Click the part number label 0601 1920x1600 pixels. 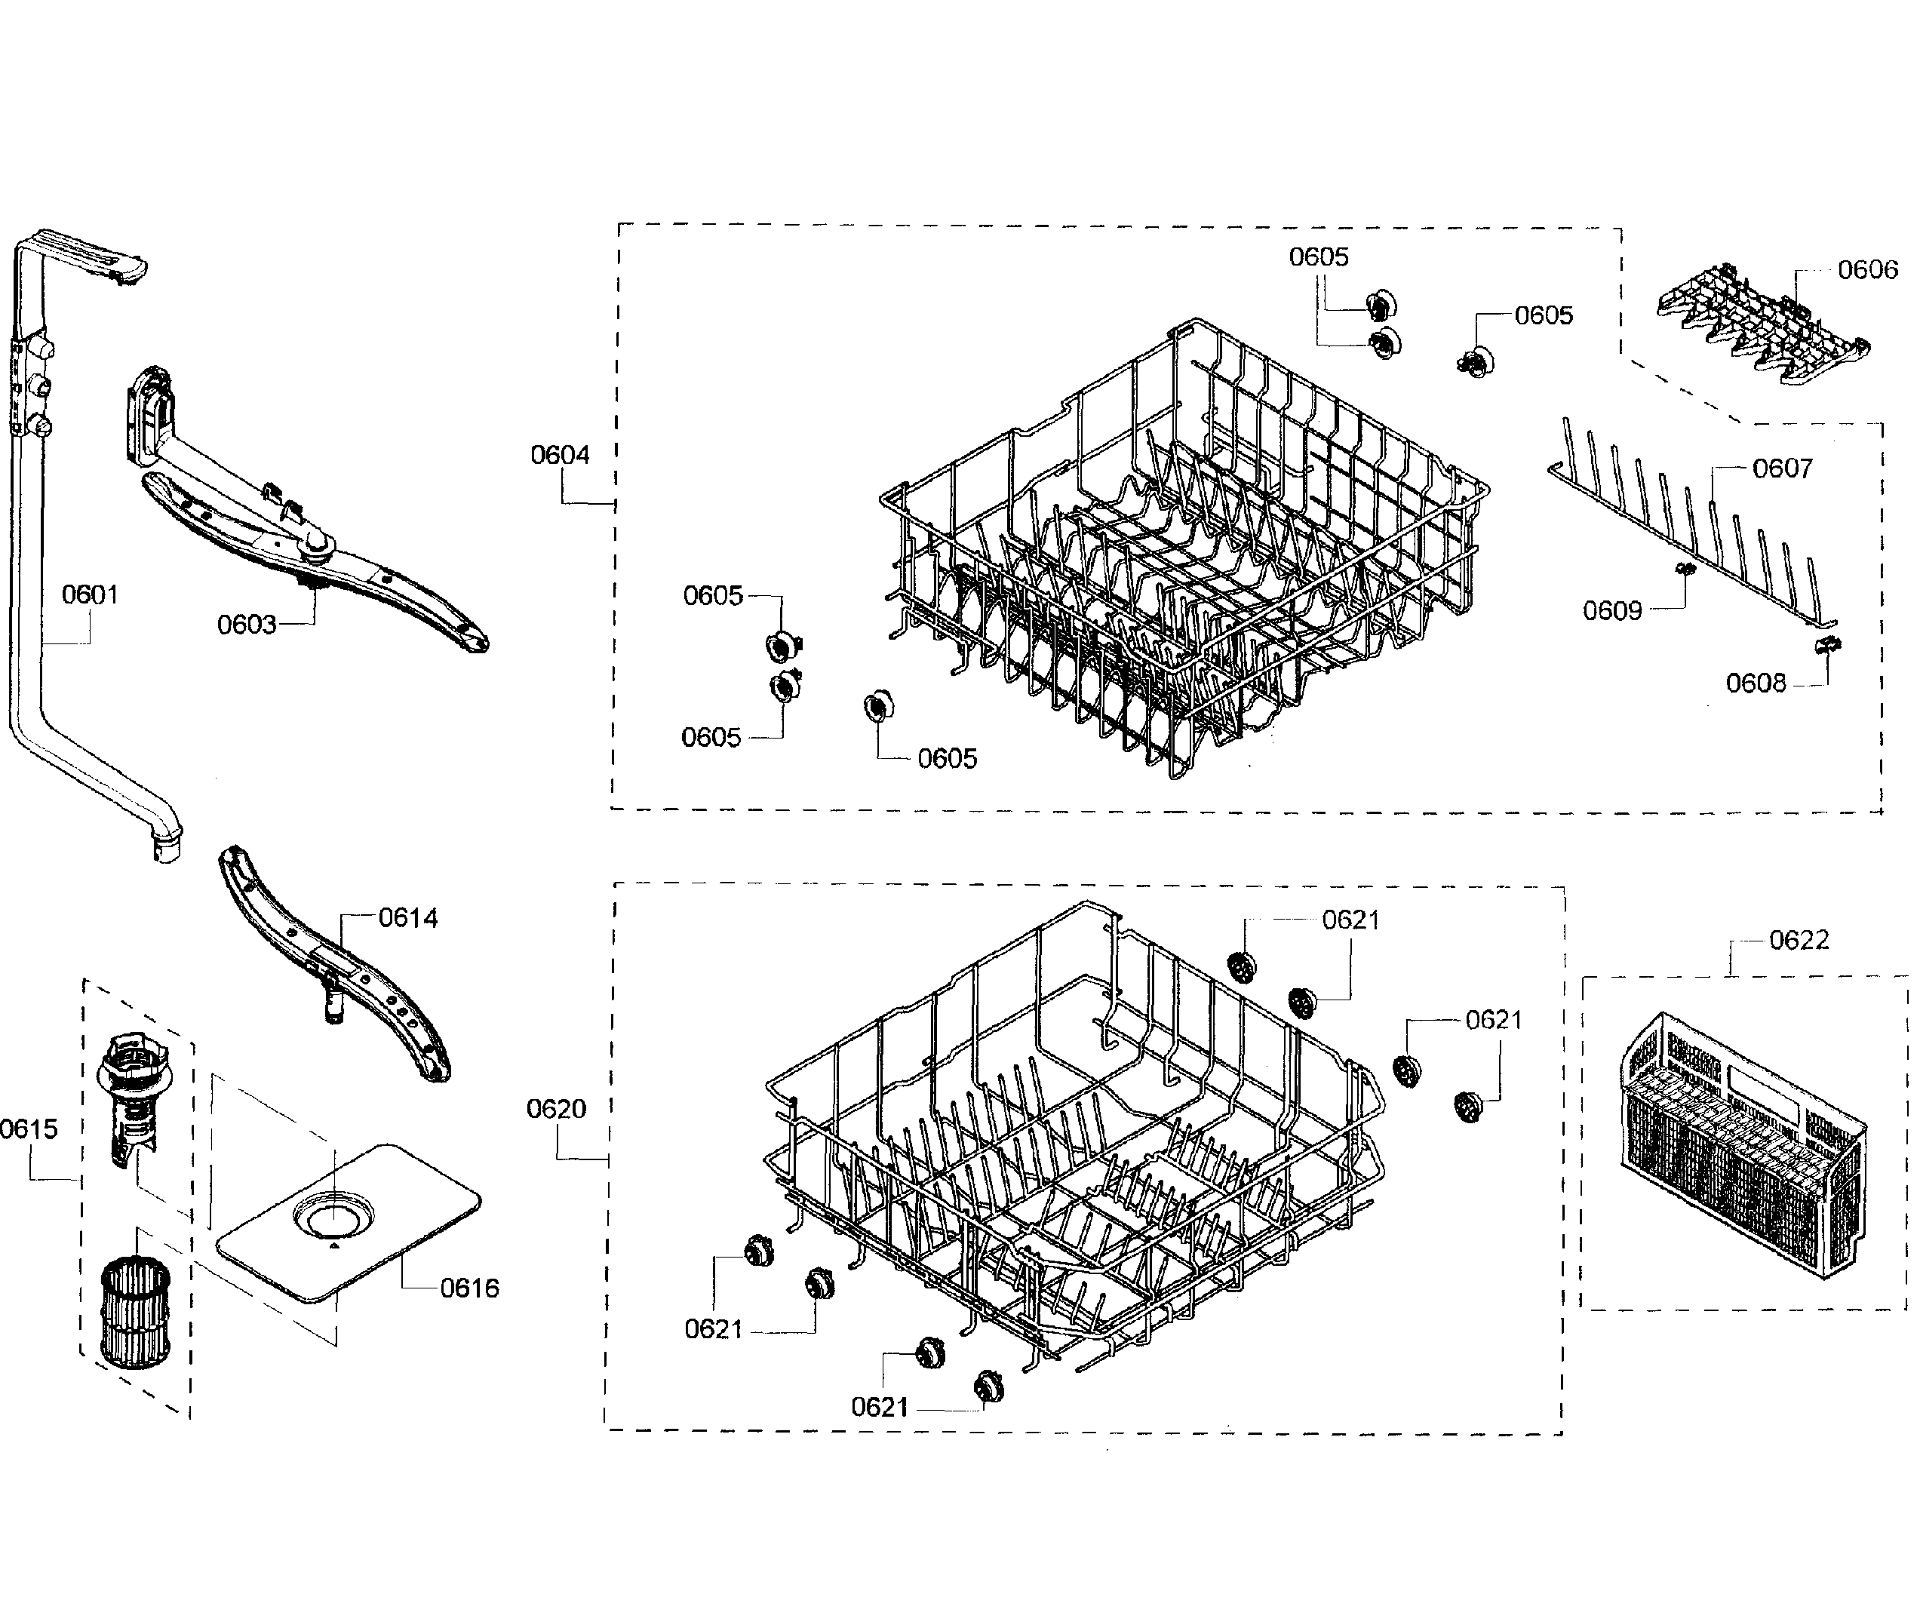click(90, 595)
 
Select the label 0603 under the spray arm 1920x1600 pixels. click(246, 625)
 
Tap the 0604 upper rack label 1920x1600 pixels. click(560, 456)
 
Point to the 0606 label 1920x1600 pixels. click(1867, 270)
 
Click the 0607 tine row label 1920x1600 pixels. click(1782, 469)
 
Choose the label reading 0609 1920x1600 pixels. click(1612, 611)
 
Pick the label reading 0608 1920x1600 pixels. click(1755, 683)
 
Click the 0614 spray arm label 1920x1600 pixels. click(408, 918)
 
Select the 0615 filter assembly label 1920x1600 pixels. click(29, 1129)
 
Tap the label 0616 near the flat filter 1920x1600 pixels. click(469, 1288)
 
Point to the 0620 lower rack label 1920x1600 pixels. click(556, 1109)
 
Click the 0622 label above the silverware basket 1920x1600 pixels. click(1799, 940)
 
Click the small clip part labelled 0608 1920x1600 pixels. click(1826, 646)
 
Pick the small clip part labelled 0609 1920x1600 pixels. click(1685, 570)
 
